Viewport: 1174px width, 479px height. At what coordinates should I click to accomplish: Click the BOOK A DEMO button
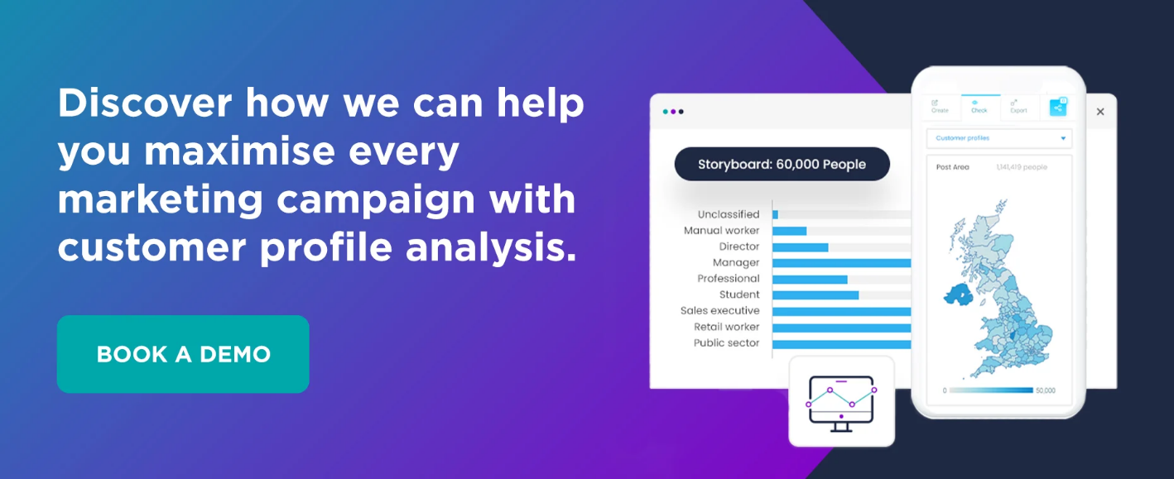tap(183, 354)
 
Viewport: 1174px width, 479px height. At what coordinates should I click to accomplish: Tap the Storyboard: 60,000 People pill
tap(782, 164)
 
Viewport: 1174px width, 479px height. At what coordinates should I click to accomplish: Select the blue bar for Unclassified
tap(775, 214)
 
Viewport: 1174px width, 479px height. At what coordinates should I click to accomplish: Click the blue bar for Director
tap(800, 247)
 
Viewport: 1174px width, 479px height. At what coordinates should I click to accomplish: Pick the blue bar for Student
tap(816, 295)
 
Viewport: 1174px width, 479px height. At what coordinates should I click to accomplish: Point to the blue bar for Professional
tap(810, 279)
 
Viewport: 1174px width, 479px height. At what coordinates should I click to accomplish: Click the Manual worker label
tap(721, 231)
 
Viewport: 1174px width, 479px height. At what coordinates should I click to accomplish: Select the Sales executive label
tap(719, 311)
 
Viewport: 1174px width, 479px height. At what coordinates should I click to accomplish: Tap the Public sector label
tap(726, 343)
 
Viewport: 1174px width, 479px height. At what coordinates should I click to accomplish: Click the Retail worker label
tap(726, 327)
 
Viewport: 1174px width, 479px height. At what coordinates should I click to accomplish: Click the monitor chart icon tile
tap(841, 401)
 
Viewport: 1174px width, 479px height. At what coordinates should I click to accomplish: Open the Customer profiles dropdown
tap(998, 138)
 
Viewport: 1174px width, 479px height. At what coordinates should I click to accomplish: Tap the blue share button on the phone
tap(1057, 107)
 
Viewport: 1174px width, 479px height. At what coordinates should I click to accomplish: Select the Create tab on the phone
tap(940, 106)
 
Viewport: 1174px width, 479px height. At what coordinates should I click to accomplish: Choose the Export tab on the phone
tap(1018, 106)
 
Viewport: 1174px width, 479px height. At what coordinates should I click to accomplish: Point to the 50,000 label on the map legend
tap(1045, 390)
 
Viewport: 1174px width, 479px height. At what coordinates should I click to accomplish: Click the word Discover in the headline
tap(145, 103)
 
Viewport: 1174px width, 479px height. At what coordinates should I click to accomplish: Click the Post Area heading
tap(952, 167)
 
